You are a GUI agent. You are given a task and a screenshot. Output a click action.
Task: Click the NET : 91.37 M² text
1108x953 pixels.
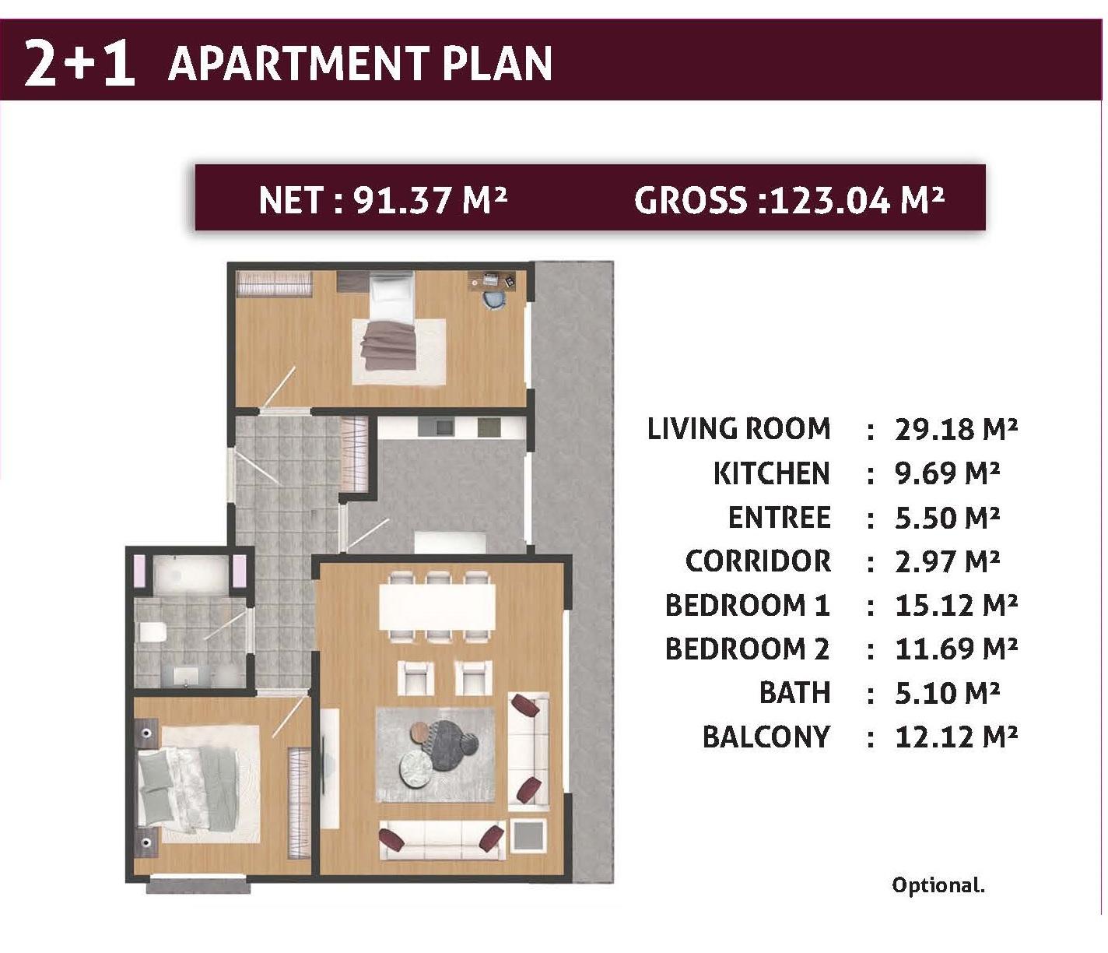(x=382, y=200)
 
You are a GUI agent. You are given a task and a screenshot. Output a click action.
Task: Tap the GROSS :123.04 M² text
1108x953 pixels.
(x=789, y=200)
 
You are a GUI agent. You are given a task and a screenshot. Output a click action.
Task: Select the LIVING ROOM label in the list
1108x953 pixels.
(x=738, y=429)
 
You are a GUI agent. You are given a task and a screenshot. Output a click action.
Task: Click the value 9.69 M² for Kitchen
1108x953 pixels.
(x=947, y=473)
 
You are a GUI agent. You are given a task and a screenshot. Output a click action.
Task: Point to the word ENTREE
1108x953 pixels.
(x=779, y=518)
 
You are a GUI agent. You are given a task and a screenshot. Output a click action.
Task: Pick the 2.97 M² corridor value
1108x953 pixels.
(x=947, y=561)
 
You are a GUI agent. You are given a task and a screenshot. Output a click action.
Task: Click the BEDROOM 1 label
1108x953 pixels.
(x=747, y=606)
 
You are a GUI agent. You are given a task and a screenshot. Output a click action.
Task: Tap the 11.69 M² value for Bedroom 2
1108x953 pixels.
(x=955, y=649)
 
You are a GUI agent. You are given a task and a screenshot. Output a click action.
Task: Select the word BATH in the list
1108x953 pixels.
(x=794, y=693)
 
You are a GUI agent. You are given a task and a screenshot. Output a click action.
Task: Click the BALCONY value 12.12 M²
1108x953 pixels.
(x=955, y=737)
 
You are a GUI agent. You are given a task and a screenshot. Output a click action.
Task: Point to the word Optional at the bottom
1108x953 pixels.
(x=938, y=885)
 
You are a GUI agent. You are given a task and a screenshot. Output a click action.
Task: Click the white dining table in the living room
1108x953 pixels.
(x=437, y=606)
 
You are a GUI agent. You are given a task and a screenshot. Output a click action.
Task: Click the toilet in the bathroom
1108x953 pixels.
(x=150, y=632)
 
